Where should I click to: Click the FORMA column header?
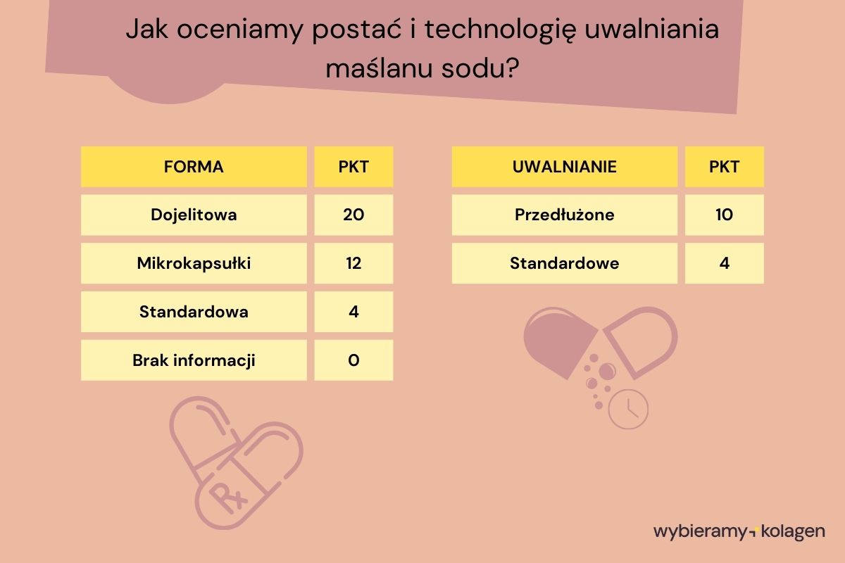[x=194, y=167]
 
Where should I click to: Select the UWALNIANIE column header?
[x=564, y=167]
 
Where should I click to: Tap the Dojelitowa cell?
[x=194, y=215]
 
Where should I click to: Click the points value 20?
[x=353, y=215]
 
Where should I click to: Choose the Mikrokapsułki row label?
[x=194, y=263]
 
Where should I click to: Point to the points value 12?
[x=353, y=263]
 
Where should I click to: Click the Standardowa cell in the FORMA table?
[x=194, y=311]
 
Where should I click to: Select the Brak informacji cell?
[x=194, y=360]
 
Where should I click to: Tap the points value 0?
[x=353, y=360]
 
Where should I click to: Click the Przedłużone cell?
[x=564, y=215]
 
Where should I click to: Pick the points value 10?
[x=724, y=215]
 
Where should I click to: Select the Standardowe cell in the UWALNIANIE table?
[x=564, y=263]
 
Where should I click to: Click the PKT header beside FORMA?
[x=353, y=167]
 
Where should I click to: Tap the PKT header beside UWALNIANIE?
[x=724, y=167]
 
